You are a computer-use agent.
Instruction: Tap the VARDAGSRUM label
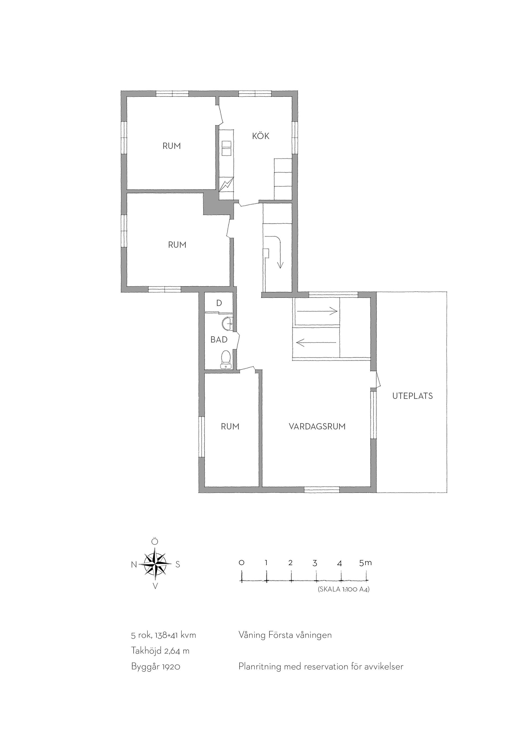coord(317,427)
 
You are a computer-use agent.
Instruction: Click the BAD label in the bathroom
coord(219,340)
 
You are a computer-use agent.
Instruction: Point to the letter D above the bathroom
coord(219,303)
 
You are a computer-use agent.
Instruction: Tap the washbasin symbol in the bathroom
coord(227,323)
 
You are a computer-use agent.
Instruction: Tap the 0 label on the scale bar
coord(242,563)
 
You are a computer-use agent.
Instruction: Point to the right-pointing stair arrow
coord(316,311)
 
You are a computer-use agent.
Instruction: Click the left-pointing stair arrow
coord(316,343)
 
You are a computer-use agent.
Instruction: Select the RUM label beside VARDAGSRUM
coord(230,427)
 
